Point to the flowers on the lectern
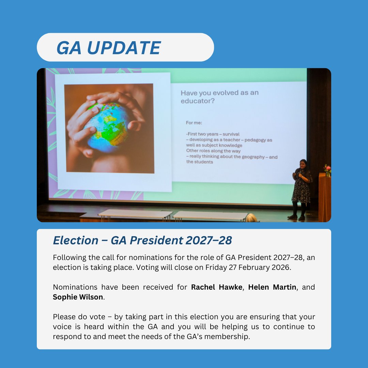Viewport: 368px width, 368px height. [327, 170]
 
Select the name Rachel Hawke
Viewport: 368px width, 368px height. [216, 287]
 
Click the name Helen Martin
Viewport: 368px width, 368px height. [272, 287]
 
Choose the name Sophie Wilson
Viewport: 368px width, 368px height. [78, 297]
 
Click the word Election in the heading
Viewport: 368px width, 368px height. [71, 241]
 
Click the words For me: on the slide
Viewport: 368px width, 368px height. [194, 123]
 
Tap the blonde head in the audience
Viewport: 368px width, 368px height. [252, 218]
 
